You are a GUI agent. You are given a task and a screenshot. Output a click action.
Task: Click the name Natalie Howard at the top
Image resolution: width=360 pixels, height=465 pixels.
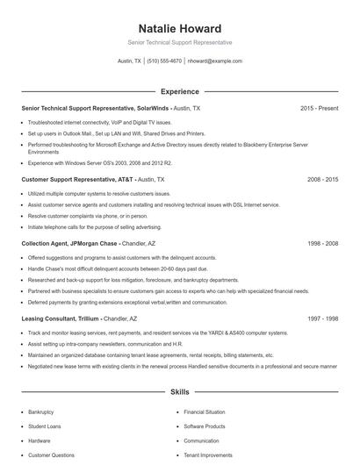[179, 28]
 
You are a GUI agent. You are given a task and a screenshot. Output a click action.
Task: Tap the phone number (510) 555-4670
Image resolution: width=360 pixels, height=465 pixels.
[164, 61]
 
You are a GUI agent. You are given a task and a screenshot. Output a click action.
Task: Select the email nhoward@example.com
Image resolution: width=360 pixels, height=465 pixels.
[215, 61]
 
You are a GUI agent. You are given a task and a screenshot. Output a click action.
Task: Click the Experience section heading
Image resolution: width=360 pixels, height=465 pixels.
[179, 91]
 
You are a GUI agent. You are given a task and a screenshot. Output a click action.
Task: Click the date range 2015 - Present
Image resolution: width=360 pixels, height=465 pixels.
[319, 108]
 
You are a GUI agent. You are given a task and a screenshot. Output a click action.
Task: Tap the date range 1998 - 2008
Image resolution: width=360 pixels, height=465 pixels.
[322, 242]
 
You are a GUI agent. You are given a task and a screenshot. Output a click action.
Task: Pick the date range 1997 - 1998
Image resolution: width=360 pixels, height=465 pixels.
[322, 319]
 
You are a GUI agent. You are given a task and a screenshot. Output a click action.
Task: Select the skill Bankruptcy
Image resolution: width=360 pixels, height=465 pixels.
[41, 411]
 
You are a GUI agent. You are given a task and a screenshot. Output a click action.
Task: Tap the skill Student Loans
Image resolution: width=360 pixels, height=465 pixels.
[44, 426]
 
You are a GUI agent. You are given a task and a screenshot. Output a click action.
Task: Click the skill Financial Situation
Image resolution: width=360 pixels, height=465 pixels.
[204, 411]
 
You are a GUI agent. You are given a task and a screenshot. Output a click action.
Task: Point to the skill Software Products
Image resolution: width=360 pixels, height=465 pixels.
[205, 426]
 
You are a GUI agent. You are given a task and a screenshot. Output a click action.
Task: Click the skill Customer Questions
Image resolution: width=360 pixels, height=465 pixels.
[51, 455]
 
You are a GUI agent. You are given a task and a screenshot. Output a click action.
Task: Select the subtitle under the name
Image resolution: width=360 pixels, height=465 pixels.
[179, 42]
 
